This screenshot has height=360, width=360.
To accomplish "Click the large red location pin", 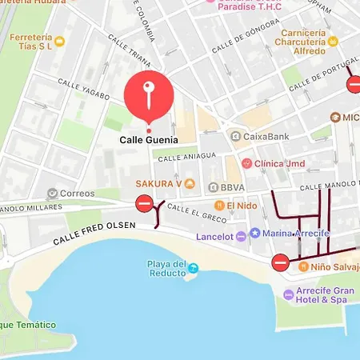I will click(x=148, y=95).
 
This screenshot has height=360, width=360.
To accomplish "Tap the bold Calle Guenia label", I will click(x=148, y=139).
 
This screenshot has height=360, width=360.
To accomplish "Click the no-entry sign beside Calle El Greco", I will click(x=144, y=203).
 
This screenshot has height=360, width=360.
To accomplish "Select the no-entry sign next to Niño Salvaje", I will click(x=280, y=262).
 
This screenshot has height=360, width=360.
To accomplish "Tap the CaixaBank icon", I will click(x=235, y=137).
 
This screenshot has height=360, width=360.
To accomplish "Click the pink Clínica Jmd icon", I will click(x=246, y=163).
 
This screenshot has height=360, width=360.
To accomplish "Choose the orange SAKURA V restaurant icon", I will click(x=190, y=184).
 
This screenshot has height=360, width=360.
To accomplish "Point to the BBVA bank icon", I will click(x=213, y=187).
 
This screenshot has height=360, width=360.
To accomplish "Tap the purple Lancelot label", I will click(x=218, y=236).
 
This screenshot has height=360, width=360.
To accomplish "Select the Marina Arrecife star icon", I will click(x=254, y=233).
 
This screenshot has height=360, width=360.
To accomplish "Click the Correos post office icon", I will click(x=54, y=193).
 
